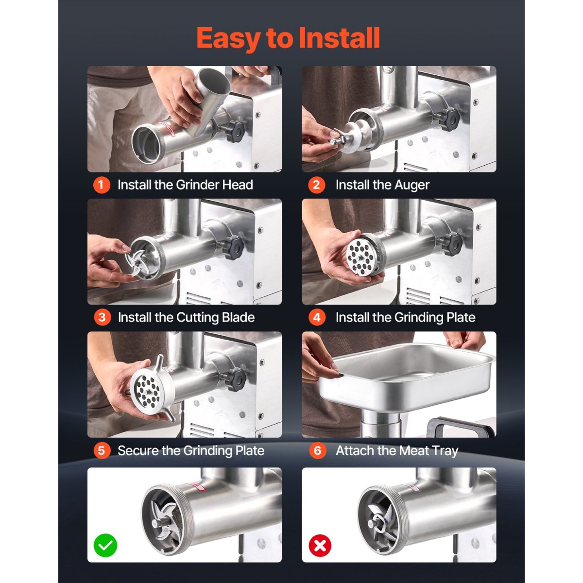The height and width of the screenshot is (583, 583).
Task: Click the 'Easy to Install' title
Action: [288, 38]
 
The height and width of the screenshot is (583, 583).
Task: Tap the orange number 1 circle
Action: [102, 185]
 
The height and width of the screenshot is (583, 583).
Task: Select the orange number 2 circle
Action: [316, 185]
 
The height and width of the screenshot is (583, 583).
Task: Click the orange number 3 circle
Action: [102, 317]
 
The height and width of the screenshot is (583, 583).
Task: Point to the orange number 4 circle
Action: [317, 317]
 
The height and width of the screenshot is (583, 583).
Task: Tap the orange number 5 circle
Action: [102, 450]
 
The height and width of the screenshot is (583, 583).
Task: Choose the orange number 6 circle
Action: [317, 450]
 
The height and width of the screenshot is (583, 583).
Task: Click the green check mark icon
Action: [105, 545]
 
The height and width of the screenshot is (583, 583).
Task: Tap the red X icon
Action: [320, 545]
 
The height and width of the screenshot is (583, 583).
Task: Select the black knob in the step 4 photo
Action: [451, 244]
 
